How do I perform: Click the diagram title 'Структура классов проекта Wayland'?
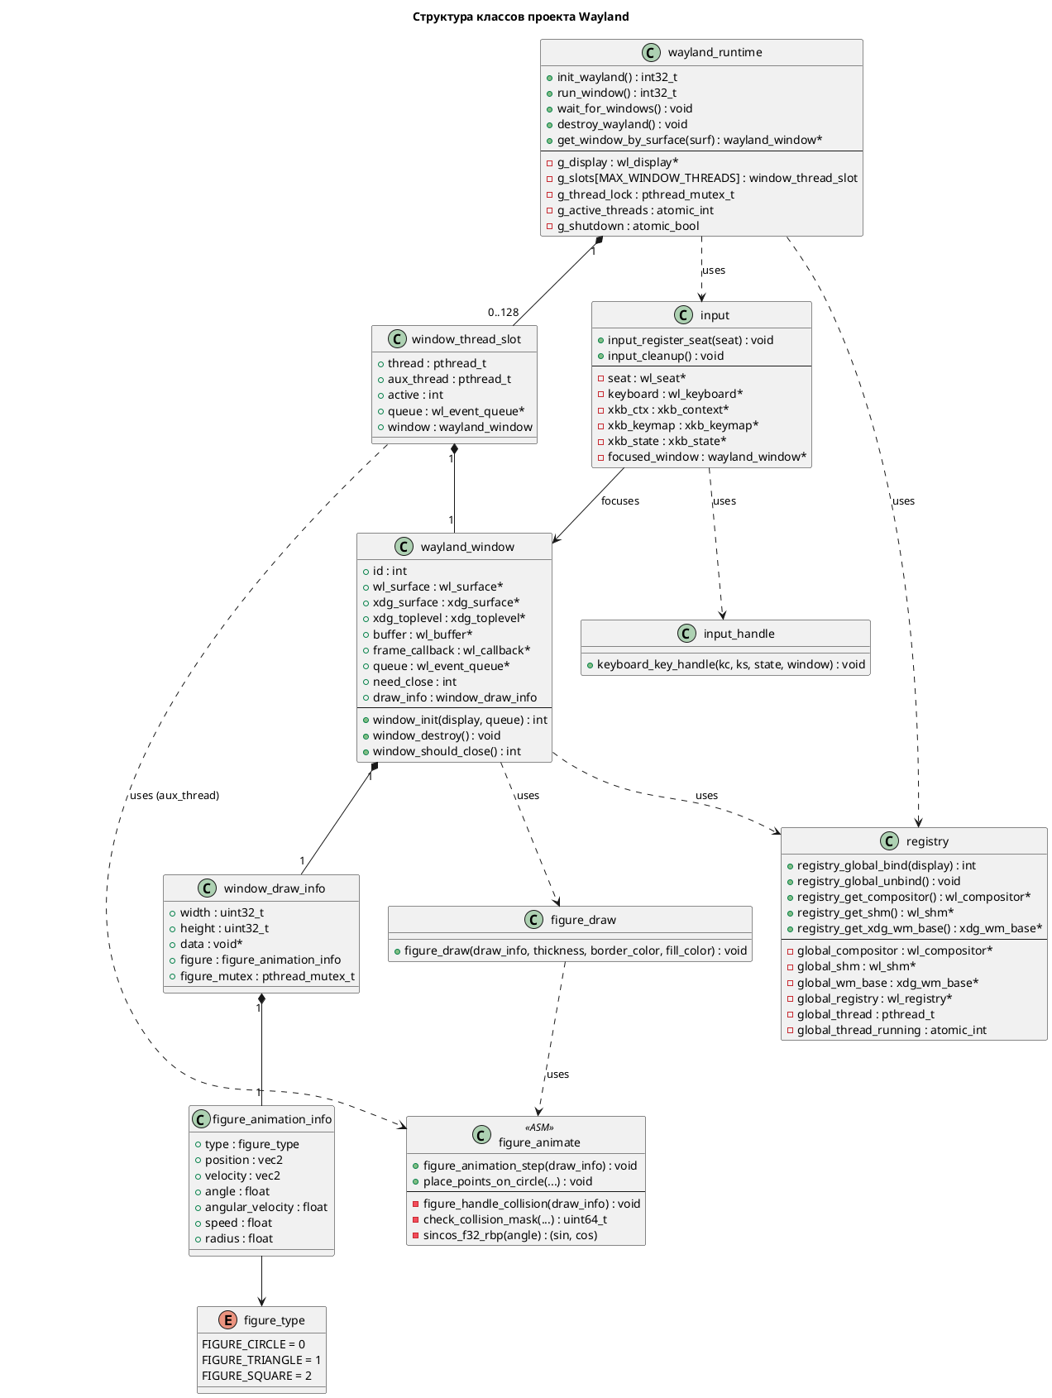520,17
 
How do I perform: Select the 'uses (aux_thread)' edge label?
175,795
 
